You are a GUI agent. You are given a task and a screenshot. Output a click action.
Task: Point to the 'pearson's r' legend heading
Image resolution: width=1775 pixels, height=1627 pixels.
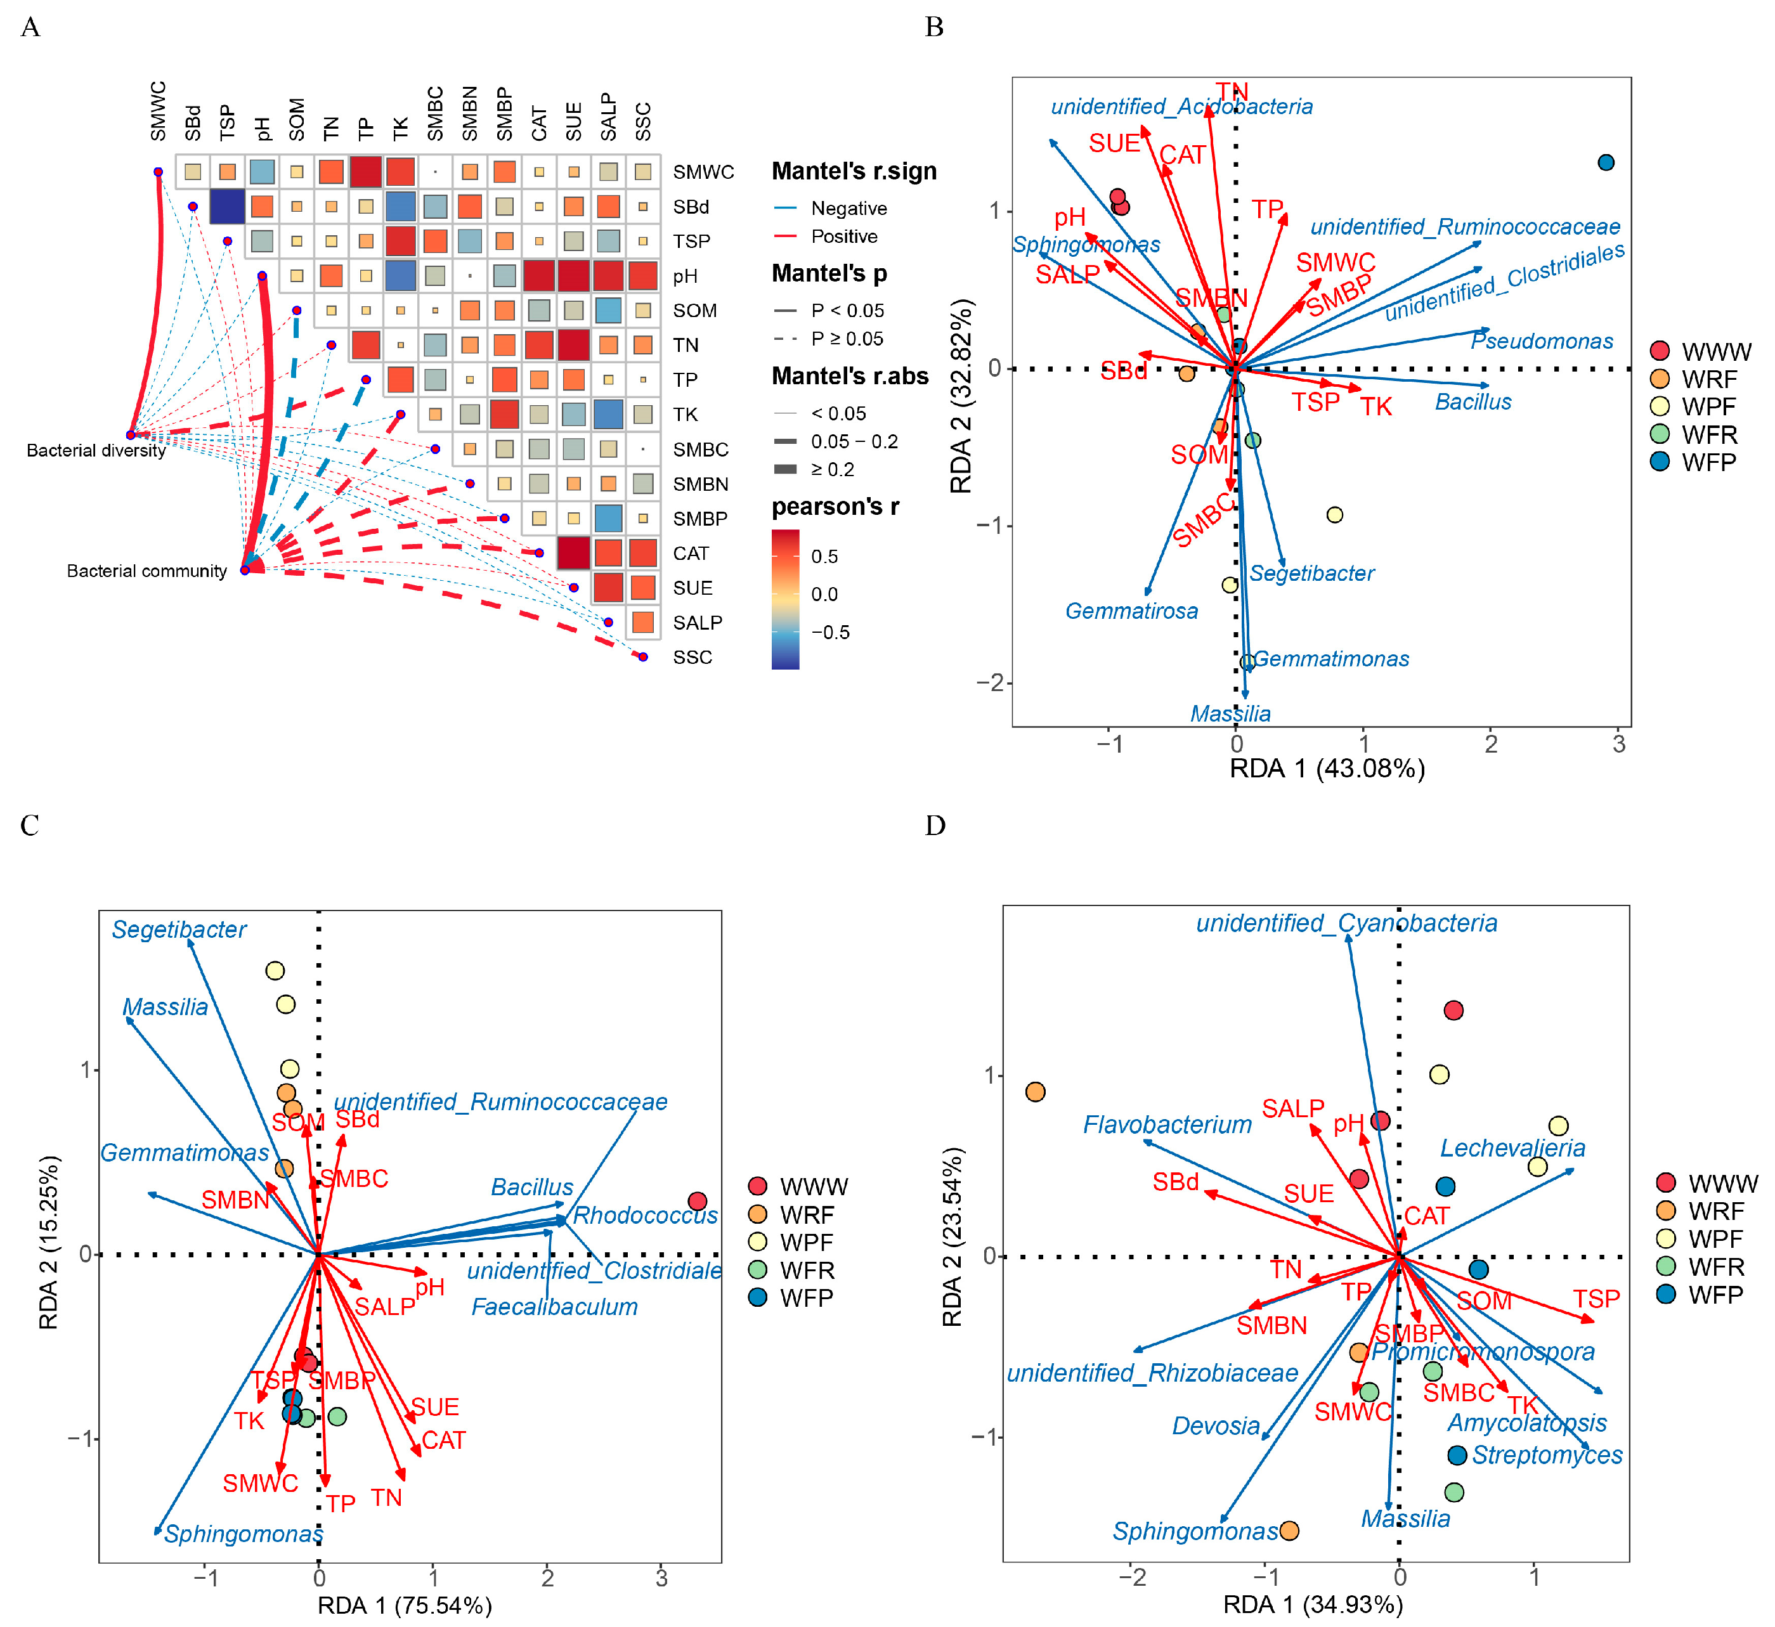tap(835, 507)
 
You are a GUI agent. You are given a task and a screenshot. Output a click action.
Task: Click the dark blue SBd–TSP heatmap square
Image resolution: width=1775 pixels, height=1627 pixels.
tap(227, 207)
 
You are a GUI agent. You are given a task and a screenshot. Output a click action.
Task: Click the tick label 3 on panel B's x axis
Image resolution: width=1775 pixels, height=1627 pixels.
tap(1618, 745)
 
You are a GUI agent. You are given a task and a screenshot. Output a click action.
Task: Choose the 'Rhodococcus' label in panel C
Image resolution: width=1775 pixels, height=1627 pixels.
tap(646, 1216)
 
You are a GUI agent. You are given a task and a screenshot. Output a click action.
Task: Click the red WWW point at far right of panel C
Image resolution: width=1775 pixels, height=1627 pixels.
tap(698, 1202)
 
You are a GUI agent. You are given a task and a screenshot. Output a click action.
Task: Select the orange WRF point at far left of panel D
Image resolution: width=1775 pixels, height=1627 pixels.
tap(1036, 1092)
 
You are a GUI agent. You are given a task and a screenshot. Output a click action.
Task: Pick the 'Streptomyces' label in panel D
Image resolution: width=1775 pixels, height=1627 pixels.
tap(1546, 1455)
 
